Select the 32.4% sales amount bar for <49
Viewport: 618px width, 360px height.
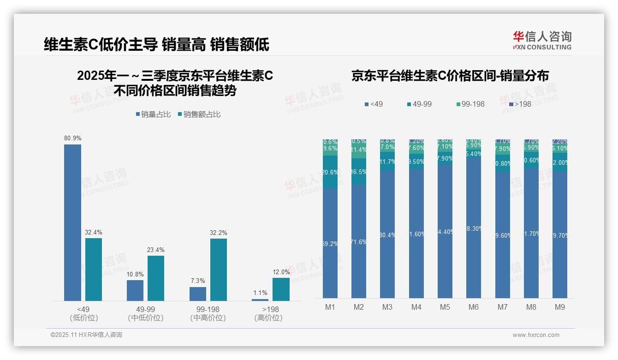tap(94, 270)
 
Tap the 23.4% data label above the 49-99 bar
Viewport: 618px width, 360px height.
tap(156, 250)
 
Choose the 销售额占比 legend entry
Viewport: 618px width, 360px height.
tap(199, 114)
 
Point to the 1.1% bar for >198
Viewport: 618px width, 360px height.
tap(260, 300)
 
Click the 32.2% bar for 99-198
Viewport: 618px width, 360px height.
tap(219, 270)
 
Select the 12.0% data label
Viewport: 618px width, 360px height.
tap(281, 272)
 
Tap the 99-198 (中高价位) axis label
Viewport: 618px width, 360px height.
tap(208, 313)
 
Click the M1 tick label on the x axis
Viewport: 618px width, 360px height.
tap(330, 307)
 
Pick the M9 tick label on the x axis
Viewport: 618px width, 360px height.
tap(560, 307)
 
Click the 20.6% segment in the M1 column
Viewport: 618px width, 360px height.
tap(330, 172)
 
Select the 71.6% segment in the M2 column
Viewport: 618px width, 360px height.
tap(359, 241)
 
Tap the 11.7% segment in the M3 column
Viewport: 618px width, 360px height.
tap(387, 162)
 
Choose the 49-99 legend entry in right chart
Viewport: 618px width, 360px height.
tap(419, 104)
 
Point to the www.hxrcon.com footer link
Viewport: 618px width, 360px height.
tap(536, 335)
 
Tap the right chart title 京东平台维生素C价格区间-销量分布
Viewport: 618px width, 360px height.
tap(450, 76)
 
